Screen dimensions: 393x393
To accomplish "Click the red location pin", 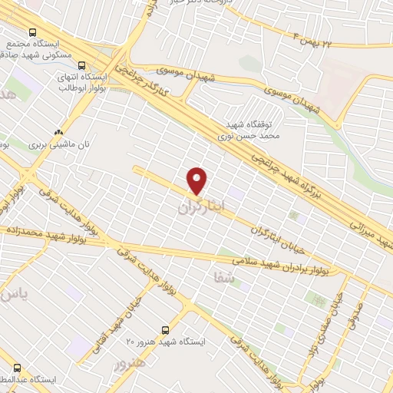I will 197,180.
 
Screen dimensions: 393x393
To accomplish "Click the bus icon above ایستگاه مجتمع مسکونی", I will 32,32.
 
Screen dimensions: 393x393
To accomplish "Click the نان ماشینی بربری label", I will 59,144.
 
